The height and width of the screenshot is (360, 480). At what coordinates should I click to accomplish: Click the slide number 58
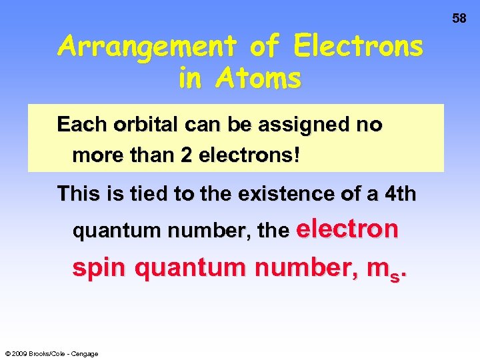coord(459,19)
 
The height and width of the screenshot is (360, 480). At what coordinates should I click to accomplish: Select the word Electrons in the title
coord(359,47)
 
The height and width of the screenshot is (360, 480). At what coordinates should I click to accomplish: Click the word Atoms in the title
coord(259,79)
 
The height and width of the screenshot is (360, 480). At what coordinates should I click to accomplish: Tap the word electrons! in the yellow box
coord(246,156)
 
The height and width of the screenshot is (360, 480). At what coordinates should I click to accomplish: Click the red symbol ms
coord(389,270)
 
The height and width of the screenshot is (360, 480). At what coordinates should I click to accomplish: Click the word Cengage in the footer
coord(85,353)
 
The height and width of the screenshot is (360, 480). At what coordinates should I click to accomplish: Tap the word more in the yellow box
coord(96,156)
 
